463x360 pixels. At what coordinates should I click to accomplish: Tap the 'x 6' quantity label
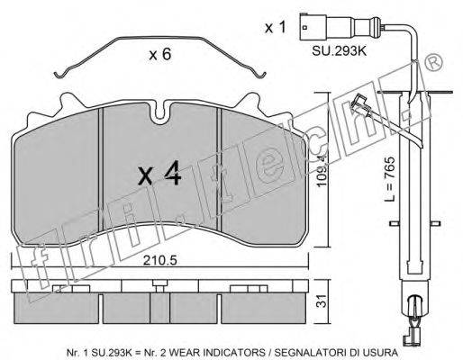(x=160, y=54)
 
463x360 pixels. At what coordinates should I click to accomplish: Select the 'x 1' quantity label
(x=276, y=27)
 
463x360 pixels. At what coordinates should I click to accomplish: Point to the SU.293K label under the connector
(x=339, y=50)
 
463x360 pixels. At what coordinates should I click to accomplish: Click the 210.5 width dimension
(x=160, y=260)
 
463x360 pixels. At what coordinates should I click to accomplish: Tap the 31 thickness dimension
(x=322, y=301)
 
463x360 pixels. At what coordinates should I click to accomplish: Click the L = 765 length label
(x=390, y=179)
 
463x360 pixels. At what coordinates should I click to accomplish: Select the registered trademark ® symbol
(x=434, y=62)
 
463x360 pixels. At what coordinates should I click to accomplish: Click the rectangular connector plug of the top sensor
(x=313, y=27)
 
